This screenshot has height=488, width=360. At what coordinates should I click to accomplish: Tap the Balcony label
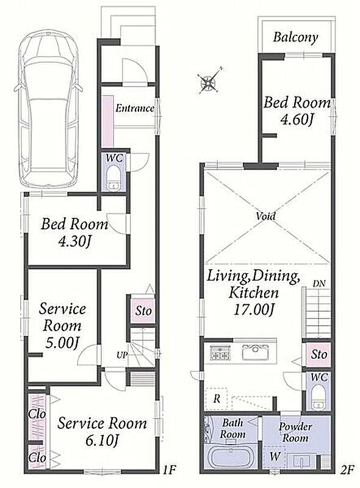tap(295, 37)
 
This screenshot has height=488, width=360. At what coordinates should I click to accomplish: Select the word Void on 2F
tap(265, 216)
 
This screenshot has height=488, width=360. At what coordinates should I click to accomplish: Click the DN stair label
tap(319, 283)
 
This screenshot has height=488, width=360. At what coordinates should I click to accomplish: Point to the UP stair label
tap(122, 354)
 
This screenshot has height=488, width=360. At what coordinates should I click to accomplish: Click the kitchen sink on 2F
tap(256, 353)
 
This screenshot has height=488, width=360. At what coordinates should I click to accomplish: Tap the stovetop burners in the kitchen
tap(220, 353)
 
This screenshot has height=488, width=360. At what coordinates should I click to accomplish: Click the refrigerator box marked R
tap(217, 398)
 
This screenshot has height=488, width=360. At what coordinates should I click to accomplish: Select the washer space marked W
tap(274, 456)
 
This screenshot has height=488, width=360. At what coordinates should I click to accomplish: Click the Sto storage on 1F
tap(142, 310)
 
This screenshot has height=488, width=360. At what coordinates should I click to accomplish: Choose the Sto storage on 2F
tap(319, 354)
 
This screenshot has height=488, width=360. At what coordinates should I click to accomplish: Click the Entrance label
tap(135, 109)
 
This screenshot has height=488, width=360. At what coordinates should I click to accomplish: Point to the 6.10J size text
tap(103, 440)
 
